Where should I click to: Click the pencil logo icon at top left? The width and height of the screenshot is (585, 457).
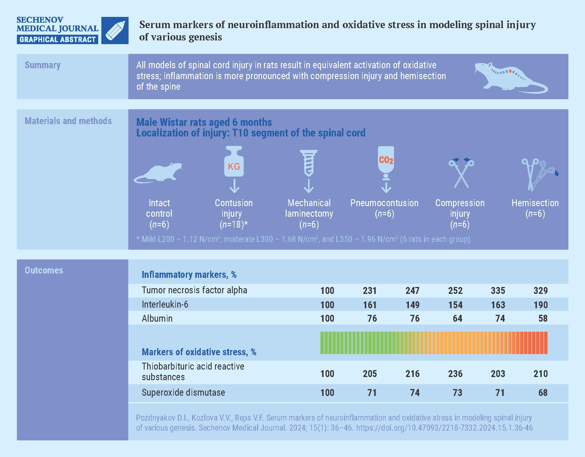115,30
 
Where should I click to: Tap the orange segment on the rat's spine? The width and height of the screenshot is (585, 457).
510,71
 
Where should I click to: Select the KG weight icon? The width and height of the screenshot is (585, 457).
234,162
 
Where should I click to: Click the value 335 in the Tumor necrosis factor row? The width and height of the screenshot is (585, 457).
498,290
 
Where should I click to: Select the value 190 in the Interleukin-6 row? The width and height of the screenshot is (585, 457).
540,305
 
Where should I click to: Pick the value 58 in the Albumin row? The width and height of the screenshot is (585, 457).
543,319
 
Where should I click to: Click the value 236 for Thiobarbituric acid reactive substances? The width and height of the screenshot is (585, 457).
455,374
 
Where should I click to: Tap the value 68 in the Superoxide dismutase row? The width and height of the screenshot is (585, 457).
543,392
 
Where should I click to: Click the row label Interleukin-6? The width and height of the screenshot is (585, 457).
165,304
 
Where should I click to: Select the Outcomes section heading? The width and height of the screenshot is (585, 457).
44,270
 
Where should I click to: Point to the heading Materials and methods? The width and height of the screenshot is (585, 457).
68,121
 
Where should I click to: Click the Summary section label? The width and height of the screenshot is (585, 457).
43,65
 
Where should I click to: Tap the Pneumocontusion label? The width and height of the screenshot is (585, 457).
384,203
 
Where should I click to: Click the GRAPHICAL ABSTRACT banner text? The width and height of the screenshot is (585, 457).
58,39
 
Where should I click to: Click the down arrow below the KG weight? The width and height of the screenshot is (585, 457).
234,186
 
